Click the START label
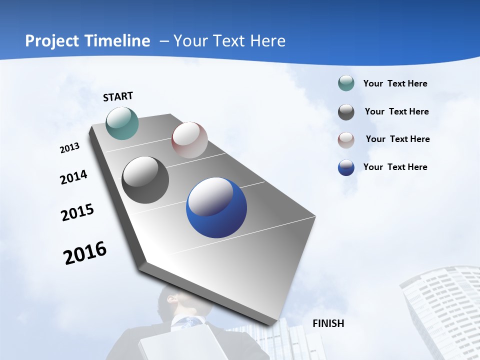coord(118,96)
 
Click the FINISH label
coord(328,323)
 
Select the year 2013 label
coord(69,148)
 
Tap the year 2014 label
coord(73,177)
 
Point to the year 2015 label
coord(77,212)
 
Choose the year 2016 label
coord(85,253)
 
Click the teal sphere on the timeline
coord(122,123)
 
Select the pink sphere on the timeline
coord(189,140)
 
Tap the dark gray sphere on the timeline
coord(145,180)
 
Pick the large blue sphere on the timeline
coord(216,207)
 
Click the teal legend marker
coord(346,83)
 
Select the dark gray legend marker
coord(346,111)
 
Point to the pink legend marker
coord(346,139)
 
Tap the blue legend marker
coord(346,167)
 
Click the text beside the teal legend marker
coord(395,83)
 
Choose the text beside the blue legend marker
coord(395,167)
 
